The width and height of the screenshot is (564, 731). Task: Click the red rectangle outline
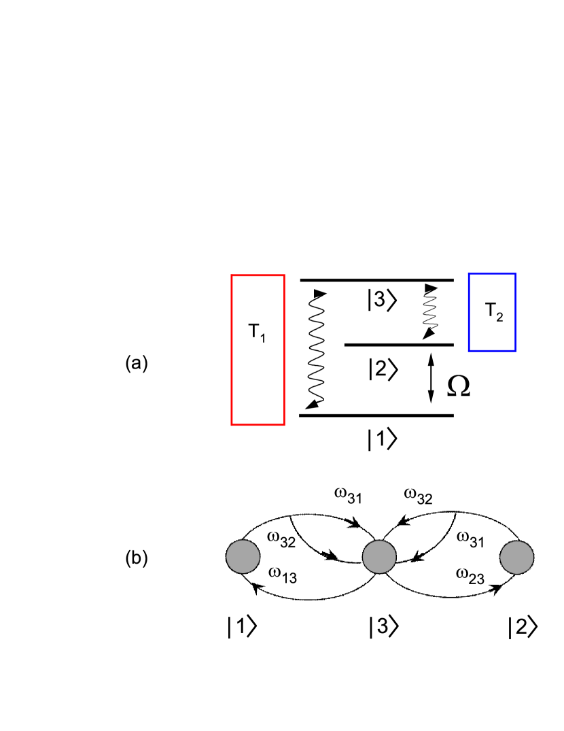232,350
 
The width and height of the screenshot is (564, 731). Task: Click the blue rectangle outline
469,312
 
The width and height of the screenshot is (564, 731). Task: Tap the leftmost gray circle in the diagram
243,556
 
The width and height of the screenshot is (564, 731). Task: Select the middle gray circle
379,557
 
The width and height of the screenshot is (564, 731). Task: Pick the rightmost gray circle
516,557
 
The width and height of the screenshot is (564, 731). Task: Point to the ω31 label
470,540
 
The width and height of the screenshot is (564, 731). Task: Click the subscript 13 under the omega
289,579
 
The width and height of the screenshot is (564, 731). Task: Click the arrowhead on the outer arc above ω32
353,524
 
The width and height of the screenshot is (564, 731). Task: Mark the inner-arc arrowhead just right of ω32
331,557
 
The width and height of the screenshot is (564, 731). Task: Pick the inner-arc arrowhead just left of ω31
419,556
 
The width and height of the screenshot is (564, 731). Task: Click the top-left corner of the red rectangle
232,276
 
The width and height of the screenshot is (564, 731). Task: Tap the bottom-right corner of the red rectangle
283,424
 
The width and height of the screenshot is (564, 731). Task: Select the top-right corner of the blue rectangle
514,274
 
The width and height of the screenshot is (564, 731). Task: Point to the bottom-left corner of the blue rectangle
469,350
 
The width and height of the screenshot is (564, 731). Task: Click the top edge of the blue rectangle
492,274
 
